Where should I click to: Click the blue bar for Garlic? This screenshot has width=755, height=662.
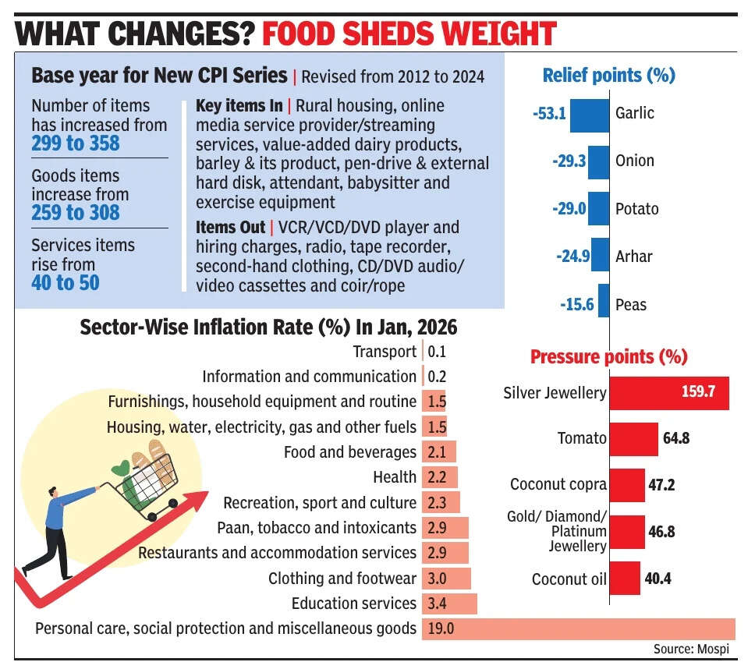click(589, 114)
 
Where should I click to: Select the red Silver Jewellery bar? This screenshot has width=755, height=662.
click(668, 391)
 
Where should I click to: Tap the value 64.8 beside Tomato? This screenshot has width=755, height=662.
click(676, 438)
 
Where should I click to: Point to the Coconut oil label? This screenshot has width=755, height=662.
click(569, 579)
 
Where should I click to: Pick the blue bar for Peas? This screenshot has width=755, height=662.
click(602, 304)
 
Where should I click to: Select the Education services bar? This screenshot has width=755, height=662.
click(448, 604)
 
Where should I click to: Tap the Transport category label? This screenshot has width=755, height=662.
click(385, 352)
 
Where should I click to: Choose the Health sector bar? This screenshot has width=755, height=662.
click(439, 477)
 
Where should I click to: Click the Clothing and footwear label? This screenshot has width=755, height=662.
click(342, 579)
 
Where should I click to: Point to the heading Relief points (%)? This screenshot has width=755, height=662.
click(608, 76)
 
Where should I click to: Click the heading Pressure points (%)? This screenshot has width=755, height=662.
click(608, 357)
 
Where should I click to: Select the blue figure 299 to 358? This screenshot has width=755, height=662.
click(76, 143)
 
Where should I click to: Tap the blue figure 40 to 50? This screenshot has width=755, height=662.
click(66, 282)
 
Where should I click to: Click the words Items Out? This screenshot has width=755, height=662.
click(229, 228)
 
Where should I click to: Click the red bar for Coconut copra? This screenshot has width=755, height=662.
click(626, 485)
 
